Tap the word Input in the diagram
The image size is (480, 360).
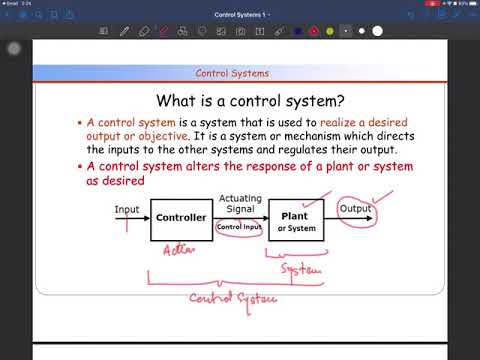point(127,210)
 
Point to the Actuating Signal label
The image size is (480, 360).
point(239,205)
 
